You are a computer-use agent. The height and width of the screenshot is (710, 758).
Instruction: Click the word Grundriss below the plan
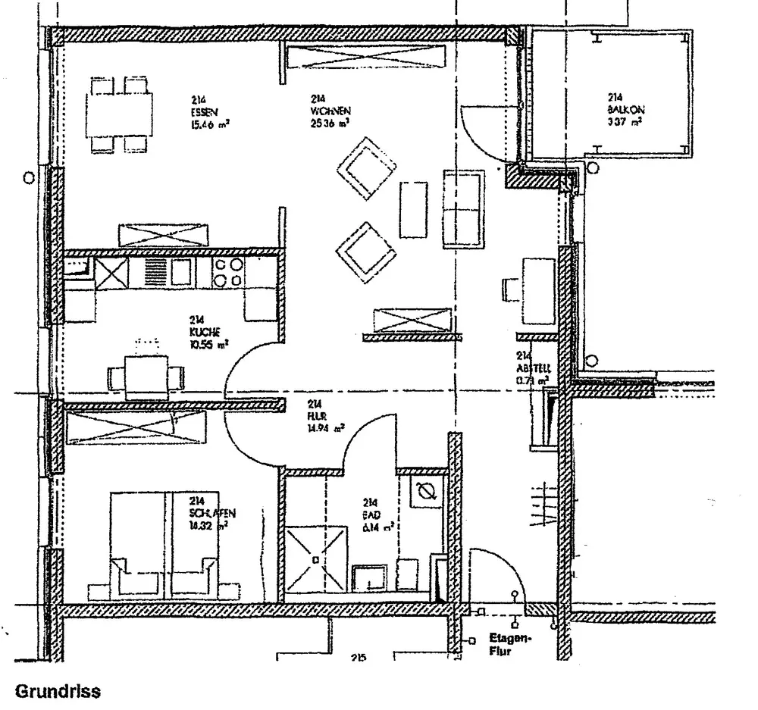(58, 691)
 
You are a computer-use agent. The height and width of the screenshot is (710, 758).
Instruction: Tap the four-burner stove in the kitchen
(227, 272)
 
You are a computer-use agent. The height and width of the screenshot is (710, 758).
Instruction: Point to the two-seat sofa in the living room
(463, 208)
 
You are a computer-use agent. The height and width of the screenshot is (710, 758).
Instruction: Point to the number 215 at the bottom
(359, 658)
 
